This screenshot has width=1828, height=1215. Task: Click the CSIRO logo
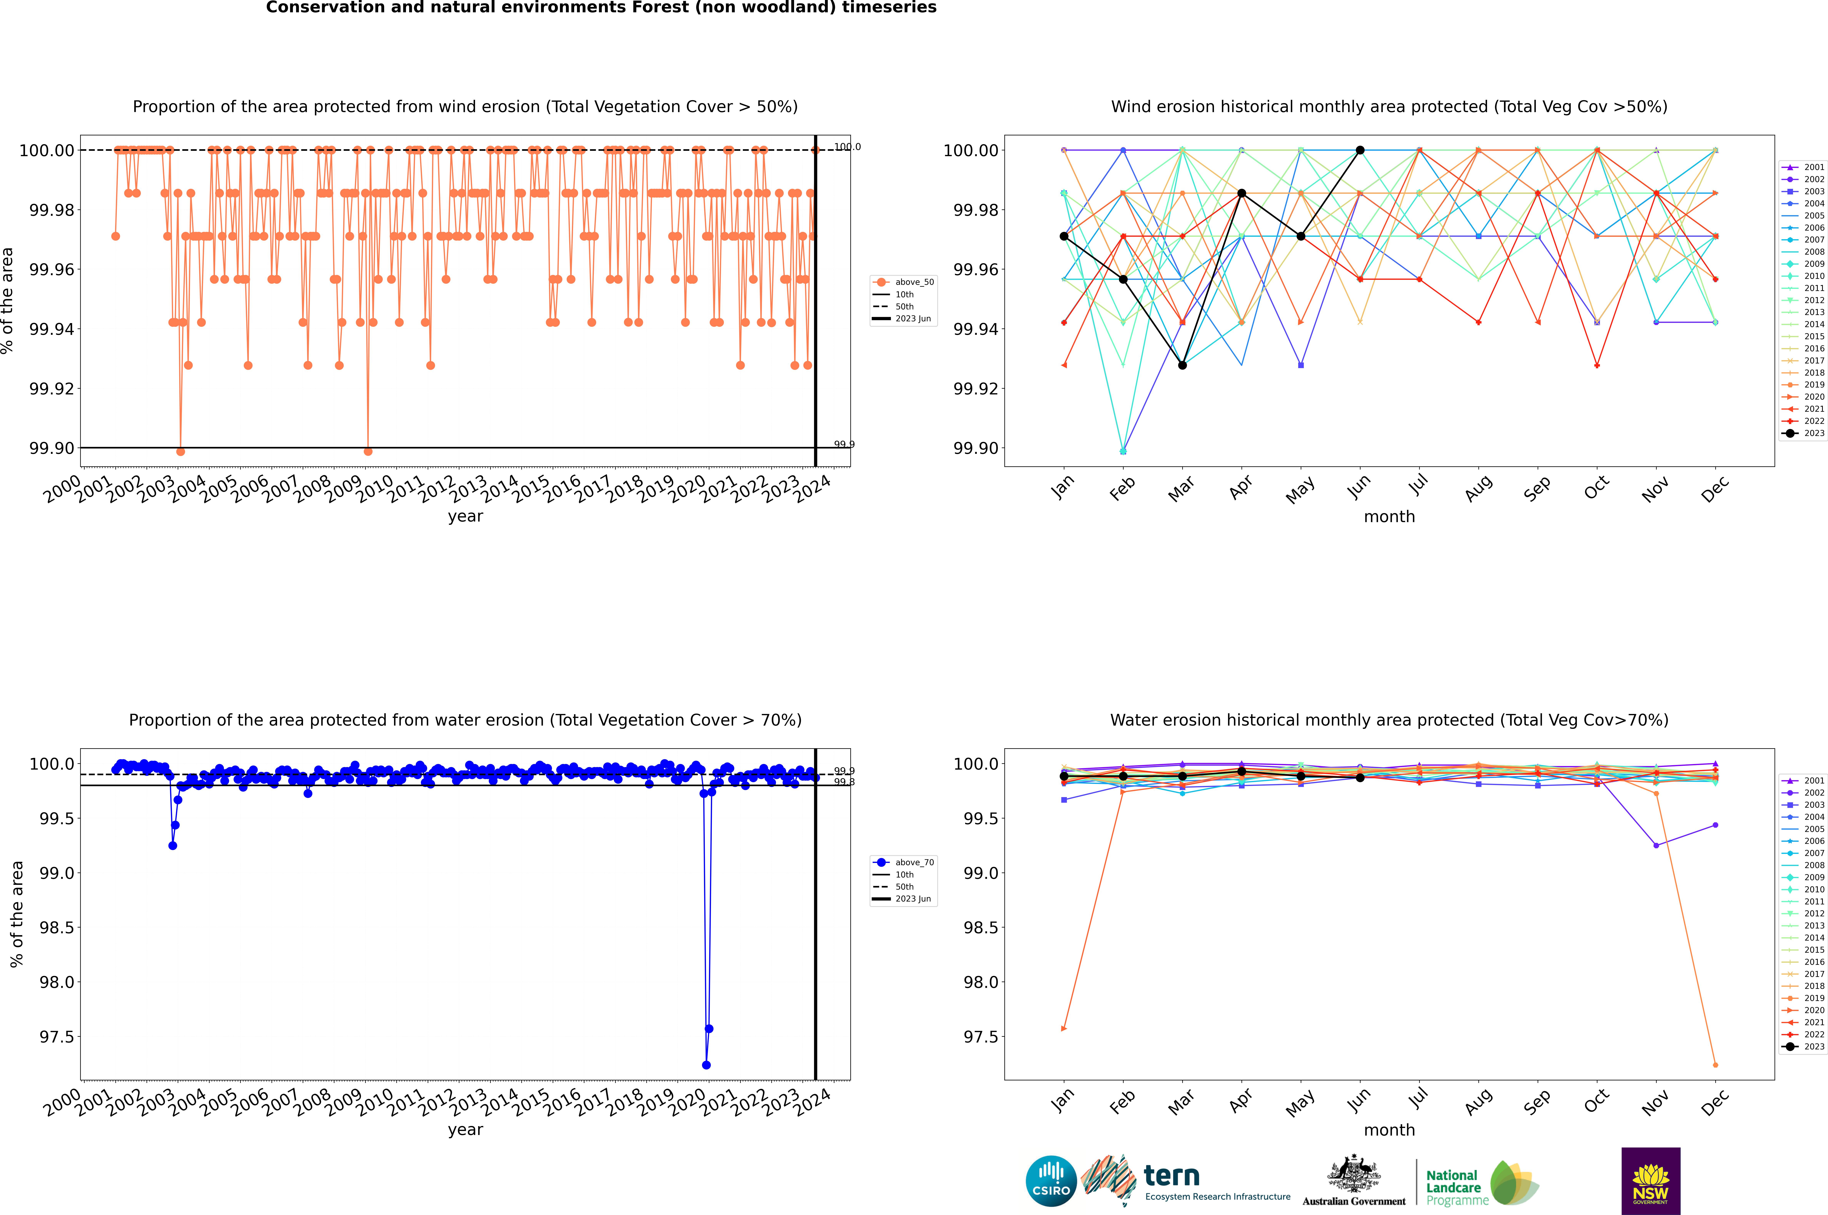[1051, 1181]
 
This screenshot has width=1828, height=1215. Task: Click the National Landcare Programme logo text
[1454, 1187]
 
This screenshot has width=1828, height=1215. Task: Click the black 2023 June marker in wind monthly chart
[1360, 150]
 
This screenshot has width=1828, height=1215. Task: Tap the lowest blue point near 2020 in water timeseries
[706, 1065]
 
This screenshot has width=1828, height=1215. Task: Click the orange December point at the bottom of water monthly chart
[1715, 1065]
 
